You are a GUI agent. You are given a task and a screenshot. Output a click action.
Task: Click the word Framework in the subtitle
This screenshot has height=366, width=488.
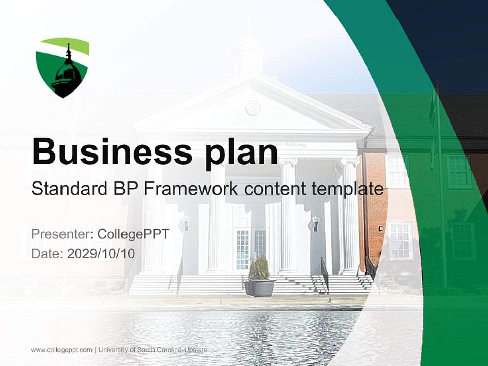click(x=191, y=189)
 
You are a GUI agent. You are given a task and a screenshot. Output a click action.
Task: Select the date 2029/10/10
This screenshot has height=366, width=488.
click(x=101, y=254)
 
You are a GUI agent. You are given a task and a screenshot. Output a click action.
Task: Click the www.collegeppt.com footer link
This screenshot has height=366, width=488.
click(x=62, y=350)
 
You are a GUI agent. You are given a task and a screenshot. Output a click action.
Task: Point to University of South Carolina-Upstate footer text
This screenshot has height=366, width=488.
click(x=153, y=350)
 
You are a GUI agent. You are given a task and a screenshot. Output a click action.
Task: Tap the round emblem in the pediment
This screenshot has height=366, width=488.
click(x=253, y=107)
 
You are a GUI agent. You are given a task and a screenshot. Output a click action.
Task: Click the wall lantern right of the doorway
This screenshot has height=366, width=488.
click(x=316, y=222)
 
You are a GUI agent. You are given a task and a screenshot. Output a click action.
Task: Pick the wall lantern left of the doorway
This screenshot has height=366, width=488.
click(x=186, y=222)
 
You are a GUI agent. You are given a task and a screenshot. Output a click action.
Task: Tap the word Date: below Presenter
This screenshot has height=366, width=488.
click(x=47, y=254)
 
